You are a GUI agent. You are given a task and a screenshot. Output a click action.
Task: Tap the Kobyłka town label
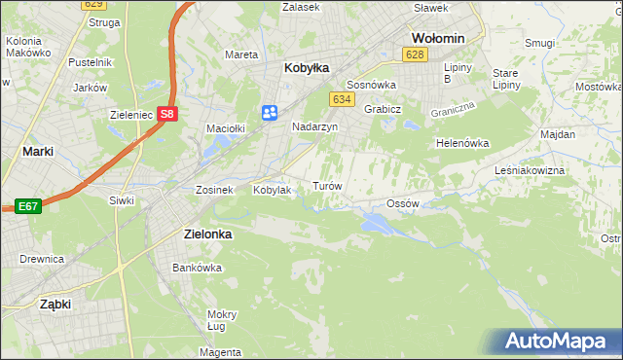(307, 68)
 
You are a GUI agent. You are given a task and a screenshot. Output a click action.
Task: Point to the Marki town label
(37, 152)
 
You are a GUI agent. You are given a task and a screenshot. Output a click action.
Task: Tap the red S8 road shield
(167, 113)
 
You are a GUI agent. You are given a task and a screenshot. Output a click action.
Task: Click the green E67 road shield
(27, 206)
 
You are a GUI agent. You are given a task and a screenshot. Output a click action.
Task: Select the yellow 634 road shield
(341, 99)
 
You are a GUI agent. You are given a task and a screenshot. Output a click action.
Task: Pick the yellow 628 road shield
(416, 55)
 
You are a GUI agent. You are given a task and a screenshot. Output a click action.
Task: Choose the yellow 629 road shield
(92, 5)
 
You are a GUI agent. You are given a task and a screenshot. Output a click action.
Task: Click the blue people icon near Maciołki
(270, 114)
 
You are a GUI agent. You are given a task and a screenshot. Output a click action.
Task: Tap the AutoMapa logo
(554, 341)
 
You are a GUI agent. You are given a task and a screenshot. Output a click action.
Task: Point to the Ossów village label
(402, 203)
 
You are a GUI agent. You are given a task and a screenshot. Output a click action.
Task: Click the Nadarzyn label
(314, 126)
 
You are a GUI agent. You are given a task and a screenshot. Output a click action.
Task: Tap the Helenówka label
(461, 143)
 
